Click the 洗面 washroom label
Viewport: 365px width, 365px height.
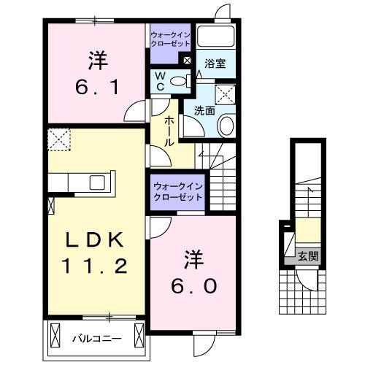(x=204, y=111)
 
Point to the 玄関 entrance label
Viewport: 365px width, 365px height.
(x=307, y=255)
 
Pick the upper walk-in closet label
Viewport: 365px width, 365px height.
(x=172, y=38)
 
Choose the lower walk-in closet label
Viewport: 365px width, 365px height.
(x=178, y=192)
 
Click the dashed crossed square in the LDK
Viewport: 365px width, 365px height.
(x=58, y=138)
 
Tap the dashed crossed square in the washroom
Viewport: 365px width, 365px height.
(x=225, y=93)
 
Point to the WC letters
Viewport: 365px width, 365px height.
(x=161, y=82)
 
